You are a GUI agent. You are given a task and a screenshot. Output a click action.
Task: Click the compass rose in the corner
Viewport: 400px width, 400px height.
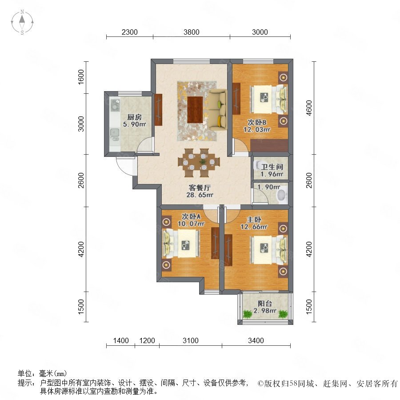click(22, 22)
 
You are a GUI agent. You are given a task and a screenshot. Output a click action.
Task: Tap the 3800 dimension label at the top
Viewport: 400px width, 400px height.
click(191, 32)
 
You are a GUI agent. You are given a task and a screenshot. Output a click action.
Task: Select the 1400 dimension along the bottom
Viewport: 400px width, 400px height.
click(121, 340)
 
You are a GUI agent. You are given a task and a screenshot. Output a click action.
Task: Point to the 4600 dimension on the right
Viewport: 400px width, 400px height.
click(309, 108)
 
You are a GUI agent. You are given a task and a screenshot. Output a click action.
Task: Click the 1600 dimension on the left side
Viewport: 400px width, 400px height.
click(80, 77)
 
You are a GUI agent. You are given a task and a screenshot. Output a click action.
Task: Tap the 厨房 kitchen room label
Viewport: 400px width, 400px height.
click(134, 117)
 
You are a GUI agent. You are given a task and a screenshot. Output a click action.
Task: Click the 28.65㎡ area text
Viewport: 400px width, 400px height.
click(200, 195)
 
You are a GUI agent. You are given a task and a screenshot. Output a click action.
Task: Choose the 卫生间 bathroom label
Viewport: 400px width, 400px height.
click(272, 167)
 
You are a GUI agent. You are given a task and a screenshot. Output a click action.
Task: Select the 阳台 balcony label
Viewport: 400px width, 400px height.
click(265, 304)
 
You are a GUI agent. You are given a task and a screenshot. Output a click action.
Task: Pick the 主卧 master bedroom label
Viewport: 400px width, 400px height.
click(254, 220)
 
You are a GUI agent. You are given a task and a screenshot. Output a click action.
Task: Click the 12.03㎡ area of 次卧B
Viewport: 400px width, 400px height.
click(257, 130)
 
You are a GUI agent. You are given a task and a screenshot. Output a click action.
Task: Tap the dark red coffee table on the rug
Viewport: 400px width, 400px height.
click(195, 109)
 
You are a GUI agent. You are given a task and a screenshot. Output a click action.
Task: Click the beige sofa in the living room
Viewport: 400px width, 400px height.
click(218, 110)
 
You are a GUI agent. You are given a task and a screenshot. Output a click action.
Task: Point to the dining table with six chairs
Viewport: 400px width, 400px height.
click(199, 163)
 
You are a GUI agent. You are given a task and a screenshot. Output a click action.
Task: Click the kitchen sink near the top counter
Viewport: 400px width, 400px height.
click(115, 105)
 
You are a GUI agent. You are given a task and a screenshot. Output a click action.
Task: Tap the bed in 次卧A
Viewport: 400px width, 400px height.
click(181, 244)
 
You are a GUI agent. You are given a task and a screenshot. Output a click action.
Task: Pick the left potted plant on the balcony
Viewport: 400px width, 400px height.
click(247, 314)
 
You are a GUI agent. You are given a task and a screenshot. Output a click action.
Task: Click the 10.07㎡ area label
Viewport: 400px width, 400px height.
click(191, 224)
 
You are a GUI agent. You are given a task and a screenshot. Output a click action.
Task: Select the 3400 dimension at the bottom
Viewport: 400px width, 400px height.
click(256, 340)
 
